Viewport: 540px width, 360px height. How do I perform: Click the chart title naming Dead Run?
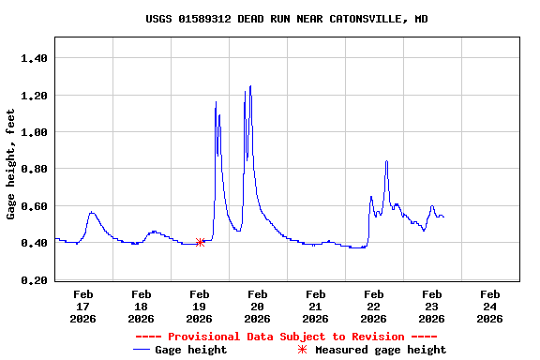pos(287,19)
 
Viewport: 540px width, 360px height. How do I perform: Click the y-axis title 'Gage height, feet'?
pos(11,164)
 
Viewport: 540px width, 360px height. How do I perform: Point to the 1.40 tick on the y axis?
pos(35,58)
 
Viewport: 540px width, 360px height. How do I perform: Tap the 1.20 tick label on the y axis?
pos(35,96)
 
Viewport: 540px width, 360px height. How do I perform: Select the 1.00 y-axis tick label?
pos(35,132)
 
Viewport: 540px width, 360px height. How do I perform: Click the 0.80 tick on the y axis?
pos(35,169)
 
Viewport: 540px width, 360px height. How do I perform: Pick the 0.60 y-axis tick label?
pos(35,206)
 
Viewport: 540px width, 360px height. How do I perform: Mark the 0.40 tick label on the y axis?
pos(35,243)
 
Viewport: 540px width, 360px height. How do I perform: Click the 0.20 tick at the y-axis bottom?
pos(35,280)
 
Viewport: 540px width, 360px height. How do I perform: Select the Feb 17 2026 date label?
pos(82,307)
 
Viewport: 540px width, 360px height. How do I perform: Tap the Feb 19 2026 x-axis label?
pos(199,307)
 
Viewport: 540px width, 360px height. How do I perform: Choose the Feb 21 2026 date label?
pos(315,307)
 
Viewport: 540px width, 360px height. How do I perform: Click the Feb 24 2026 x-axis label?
pos(489,307)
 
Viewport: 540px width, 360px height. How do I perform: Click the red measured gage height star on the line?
pos(200,242)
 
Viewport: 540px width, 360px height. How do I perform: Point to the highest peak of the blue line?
pos(250,86)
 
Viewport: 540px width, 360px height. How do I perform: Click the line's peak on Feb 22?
pos(386,161)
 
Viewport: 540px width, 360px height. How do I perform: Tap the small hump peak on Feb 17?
pos(91,212)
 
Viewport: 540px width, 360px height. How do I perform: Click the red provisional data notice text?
pos(286,337)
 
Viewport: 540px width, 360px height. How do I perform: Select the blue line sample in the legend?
pos(142,350)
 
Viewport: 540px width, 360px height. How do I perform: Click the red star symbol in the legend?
pos(302,350)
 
